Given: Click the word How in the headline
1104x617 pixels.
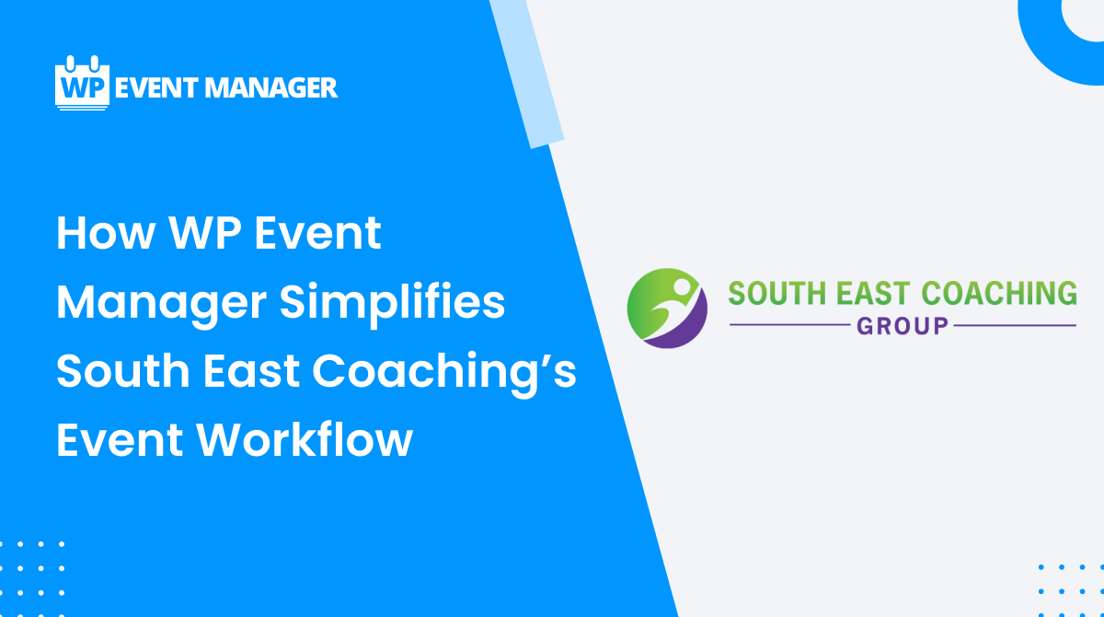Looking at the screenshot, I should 103,233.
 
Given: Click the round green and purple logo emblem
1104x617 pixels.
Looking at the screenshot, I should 667,308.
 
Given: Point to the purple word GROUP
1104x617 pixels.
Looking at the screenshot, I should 903,325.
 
